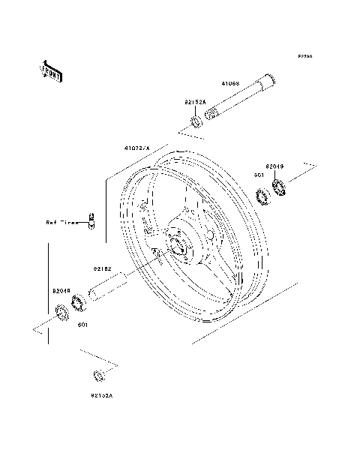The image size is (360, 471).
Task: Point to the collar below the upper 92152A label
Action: click(194, 121)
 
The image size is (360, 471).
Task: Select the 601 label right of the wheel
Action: click(258, 176)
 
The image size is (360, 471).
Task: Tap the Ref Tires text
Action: click(62, 223)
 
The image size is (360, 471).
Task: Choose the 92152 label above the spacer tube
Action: click(102, 268)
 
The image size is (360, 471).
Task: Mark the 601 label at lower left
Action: click(83, 325)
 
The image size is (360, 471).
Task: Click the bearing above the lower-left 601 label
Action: click(76, 304)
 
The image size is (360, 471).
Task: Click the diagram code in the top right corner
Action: click(304, 56)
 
